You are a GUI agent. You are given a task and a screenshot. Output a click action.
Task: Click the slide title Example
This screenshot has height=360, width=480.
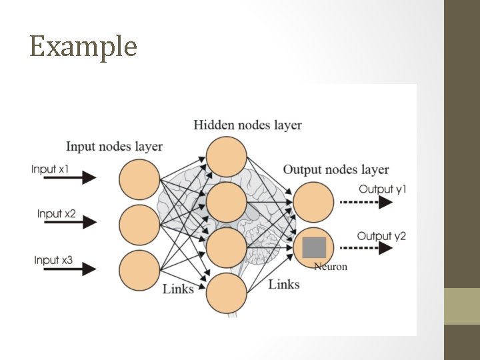click(x=83, y=47)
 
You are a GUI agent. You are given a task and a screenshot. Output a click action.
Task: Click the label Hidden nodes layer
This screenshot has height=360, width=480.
click(x=247, y=125)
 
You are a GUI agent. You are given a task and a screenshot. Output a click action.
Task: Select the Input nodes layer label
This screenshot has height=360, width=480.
click(x=114, y=146)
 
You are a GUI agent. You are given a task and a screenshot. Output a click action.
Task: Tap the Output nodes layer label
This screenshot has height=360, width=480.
click(x=336, y=169)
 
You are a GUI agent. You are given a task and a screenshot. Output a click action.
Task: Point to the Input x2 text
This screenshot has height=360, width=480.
click(x=56, y=214)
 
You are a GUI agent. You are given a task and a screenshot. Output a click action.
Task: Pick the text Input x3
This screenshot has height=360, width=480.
click(x=53, y=259)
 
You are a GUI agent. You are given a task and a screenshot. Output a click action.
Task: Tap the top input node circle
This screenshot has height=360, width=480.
click(x=139, y=180)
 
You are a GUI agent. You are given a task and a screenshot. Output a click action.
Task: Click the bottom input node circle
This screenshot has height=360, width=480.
click(x=139, y=270)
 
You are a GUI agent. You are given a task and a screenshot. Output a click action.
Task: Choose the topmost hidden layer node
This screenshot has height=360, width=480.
click(x=227, y=157)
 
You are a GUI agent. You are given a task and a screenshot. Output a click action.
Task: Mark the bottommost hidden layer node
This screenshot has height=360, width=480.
click(x=227, y=293)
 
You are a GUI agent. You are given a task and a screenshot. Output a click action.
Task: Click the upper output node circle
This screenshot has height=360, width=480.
click(x=313, y=202)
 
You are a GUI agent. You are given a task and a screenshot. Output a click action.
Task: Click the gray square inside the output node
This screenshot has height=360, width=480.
click(x=314, y=247)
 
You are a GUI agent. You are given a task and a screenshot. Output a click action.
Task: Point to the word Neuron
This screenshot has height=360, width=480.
click(x=331, y=267)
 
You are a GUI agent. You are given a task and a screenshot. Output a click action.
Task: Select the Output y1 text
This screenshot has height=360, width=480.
click(x=382, y=189)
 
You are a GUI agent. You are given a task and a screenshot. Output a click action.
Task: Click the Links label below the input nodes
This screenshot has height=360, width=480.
click(x=178, y=289)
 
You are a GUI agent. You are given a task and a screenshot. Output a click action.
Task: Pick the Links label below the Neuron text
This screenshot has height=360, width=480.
click(x=284, y=285)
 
